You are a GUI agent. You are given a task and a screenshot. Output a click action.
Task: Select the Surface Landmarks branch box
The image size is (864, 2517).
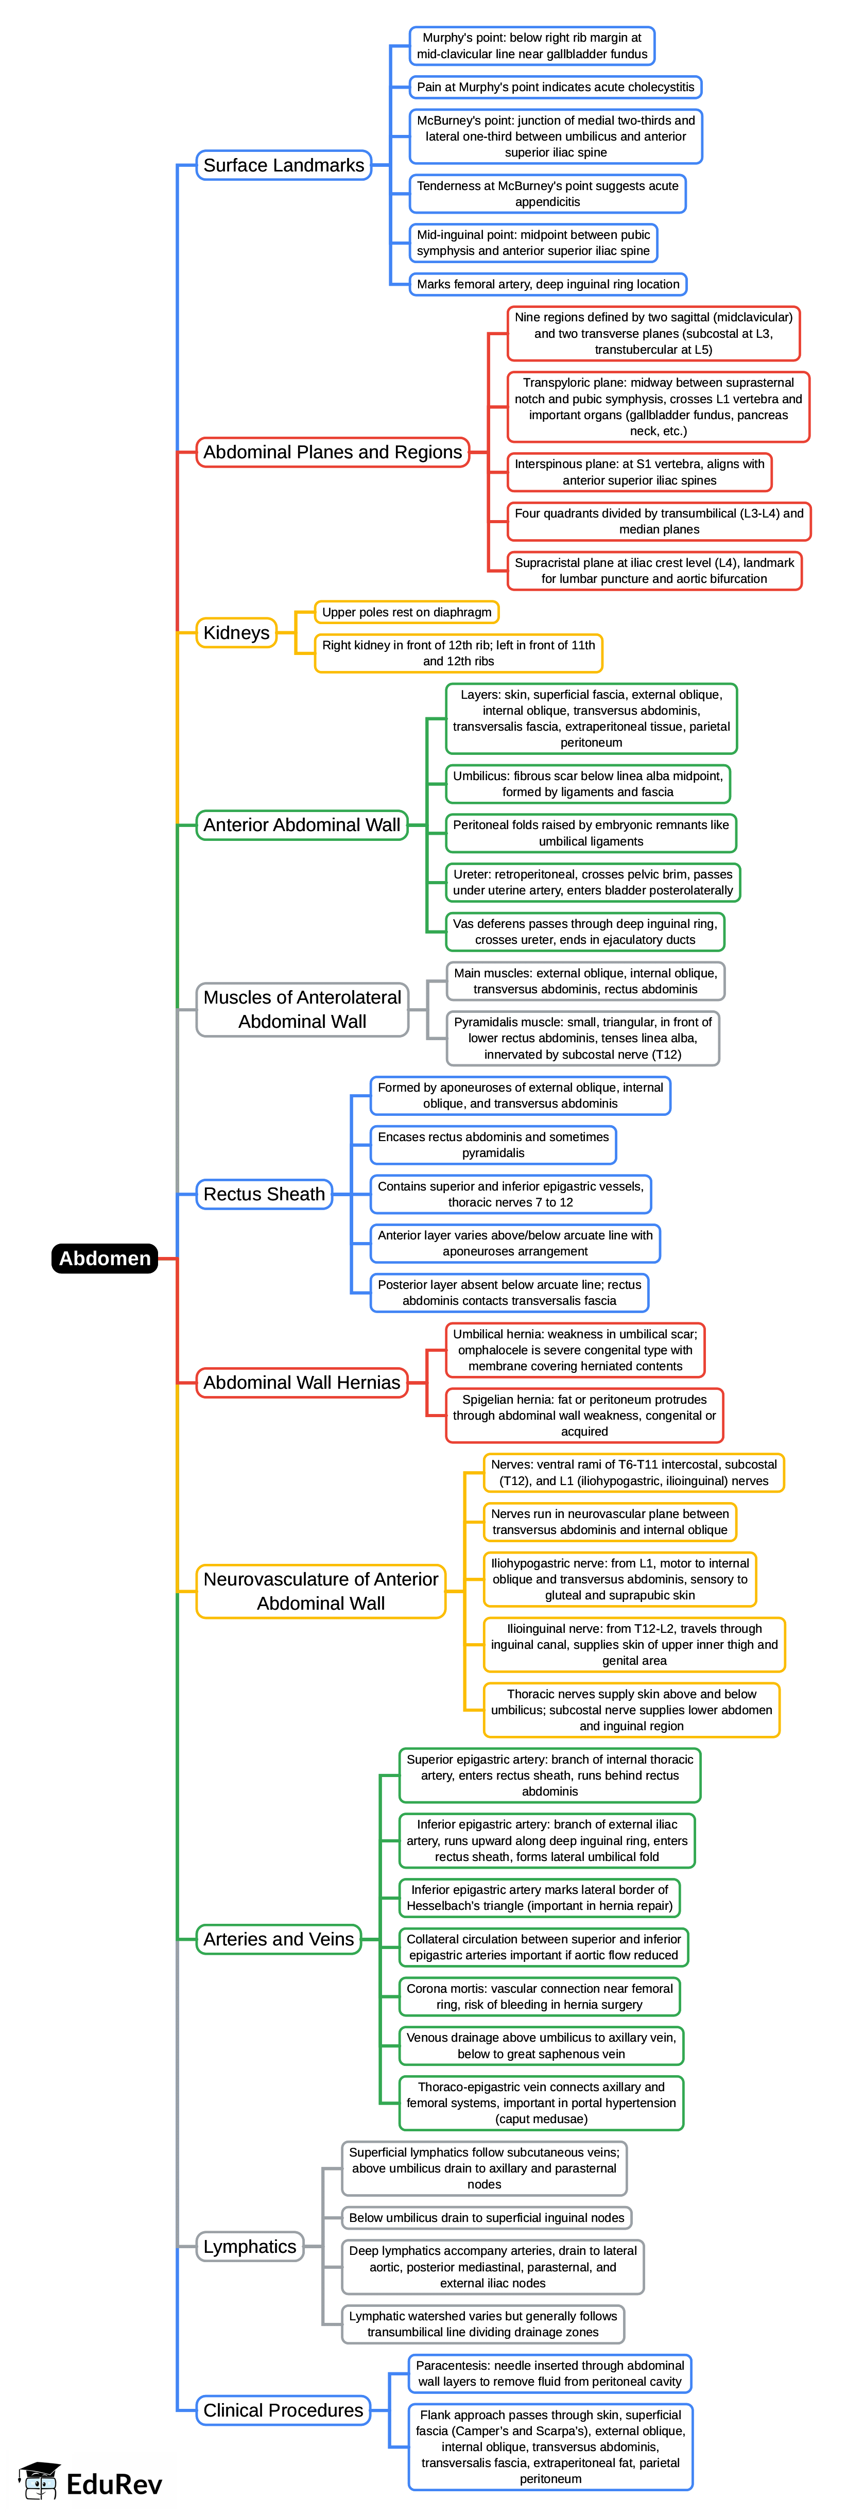(x=283, y=165)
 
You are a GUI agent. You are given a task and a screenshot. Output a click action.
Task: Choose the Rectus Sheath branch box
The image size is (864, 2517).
(x=264, y=1194)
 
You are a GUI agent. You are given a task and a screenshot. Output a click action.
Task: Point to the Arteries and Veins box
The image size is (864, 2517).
(x=279, y=1940)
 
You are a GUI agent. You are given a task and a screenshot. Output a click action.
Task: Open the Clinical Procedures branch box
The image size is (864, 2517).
(x=283, y=2410)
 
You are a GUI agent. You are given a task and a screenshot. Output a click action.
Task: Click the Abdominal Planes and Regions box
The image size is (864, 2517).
(x=332, y=453)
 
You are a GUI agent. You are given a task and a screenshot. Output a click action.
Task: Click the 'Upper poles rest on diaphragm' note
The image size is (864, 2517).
(x=407, y=613)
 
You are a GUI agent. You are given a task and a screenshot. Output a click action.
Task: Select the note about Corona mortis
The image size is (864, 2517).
(x=540, y=1996)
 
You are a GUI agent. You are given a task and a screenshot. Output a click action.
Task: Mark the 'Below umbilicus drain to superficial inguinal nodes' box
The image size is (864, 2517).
(x=487, y=2218)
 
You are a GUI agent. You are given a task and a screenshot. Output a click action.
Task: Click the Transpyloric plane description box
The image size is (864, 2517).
(x=658, y=406)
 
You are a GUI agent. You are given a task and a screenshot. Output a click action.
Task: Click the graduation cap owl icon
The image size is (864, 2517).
(x=39, y=2482)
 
